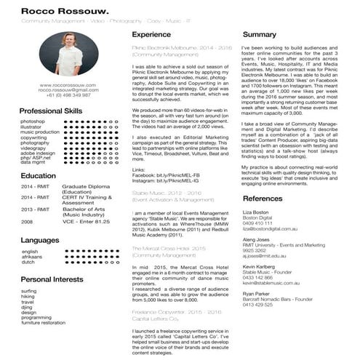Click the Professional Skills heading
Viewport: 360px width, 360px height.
(x=51, y=110)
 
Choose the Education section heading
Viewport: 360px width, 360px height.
(x=38, y=176)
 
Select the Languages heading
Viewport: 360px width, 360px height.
(x=40, y=239)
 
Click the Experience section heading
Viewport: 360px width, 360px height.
(x=151, y=34)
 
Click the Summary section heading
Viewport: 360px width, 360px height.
(x=260, y=34)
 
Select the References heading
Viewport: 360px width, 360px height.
(x=263, y=199)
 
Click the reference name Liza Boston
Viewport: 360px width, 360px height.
(x=256, y=212)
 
